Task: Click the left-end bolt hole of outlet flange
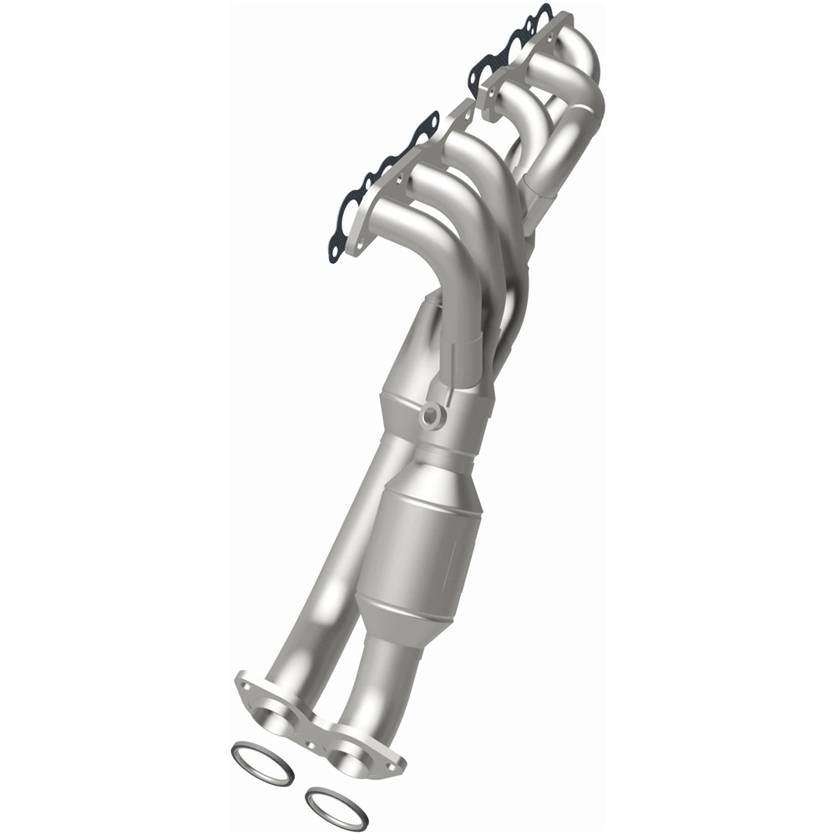(244, 685)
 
